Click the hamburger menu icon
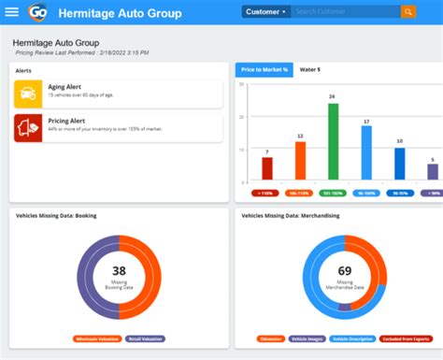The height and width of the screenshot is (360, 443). point(12,12)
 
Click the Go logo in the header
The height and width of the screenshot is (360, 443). point(38,12)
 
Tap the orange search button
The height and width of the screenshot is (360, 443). point(408,12)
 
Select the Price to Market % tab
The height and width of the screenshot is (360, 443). point(263,70)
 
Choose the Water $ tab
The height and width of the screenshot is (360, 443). point(309,70)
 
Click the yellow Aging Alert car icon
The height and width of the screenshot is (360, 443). point(27,94)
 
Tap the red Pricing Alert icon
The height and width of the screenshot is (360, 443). point(27,128)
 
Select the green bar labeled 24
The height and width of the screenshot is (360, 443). point(333,141)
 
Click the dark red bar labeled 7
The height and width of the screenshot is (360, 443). point(267,168)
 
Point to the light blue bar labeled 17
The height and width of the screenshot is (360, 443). point(366,152)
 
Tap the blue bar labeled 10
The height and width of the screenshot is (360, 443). point(400,164)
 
